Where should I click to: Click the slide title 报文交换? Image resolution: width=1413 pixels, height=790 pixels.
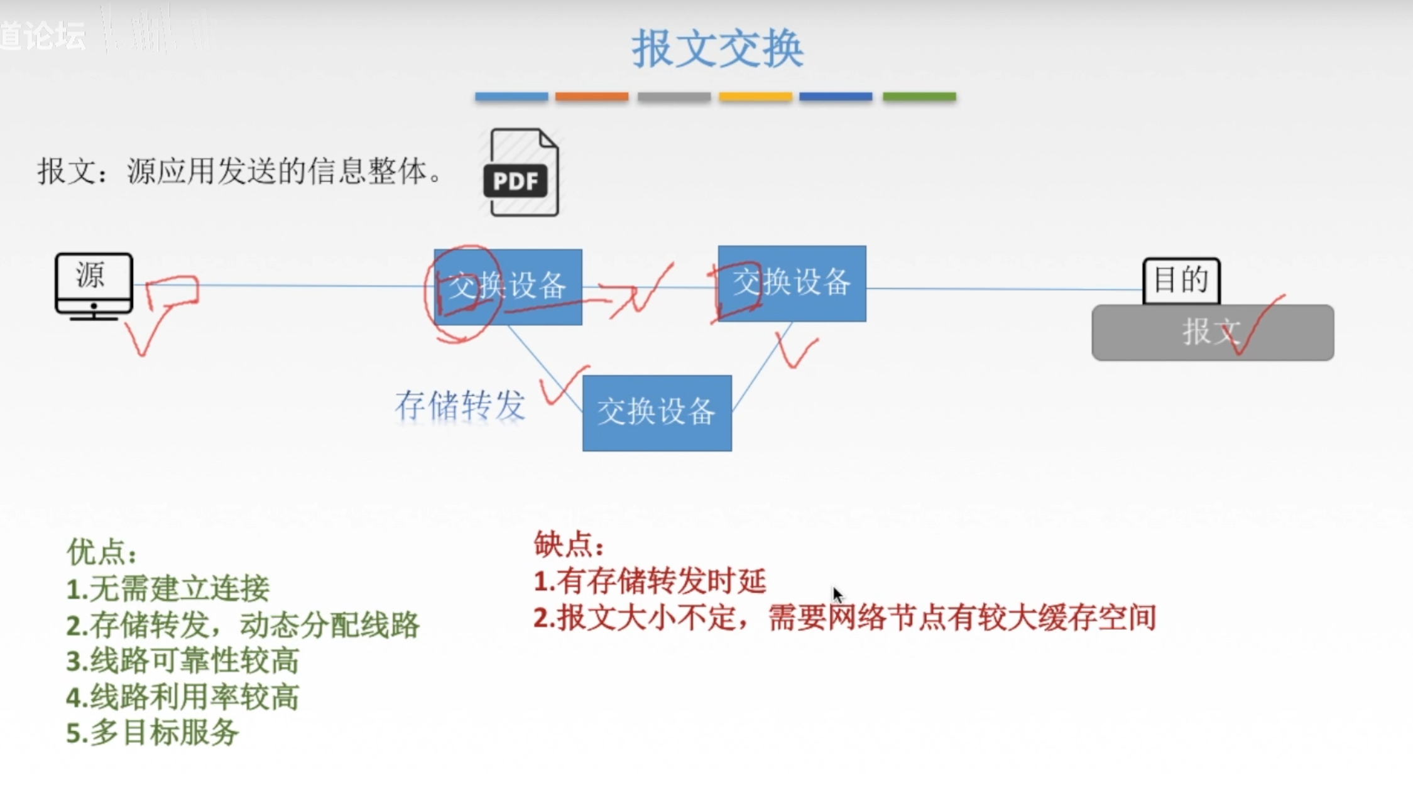coord(717,48)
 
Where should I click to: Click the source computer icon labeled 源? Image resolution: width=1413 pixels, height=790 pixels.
coord(94,285)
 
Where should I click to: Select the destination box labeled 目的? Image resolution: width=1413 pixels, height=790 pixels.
coord(1181,280)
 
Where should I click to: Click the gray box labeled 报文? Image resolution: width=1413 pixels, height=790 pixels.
coord(1212,332)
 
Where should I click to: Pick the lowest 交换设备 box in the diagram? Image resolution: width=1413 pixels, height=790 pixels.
coord(657,413)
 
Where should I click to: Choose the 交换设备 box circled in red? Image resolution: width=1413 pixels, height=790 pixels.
coord(507,286)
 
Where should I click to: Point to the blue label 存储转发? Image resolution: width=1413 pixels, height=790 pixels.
coord(459,405)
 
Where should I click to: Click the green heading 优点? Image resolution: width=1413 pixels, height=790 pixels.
coord(101,553)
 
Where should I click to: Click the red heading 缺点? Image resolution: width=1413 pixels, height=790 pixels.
coord(568,544)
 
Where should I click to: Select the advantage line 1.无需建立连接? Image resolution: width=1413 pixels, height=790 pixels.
coord(168,589)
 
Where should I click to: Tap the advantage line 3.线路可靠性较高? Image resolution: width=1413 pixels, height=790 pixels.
coord(182,661)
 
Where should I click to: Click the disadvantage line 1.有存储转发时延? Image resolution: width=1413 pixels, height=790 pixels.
coord(650,581)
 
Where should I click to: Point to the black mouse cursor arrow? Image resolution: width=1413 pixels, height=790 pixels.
coord(837,594)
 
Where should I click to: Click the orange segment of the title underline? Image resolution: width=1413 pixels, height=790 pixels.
coord(591,97)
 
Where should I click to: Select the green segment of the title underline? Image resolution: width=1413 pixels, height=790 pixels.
coord(919,97)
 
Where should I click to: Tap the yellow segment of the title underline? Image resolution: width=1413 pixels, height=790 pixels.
coord(755,97)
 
